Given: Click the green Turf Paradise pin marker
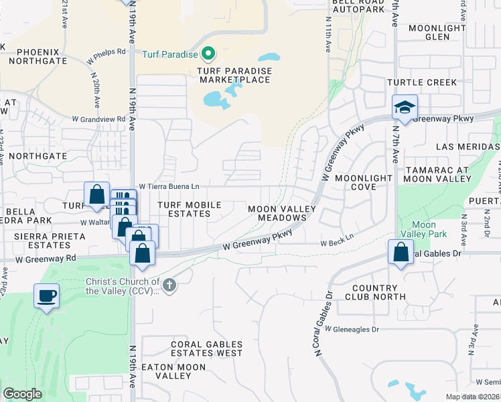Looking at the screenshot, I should point(208,53).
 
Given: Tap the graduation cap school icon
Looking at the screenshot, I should point(404,107).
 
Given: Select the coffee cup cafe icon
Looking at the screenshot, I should point(46,296).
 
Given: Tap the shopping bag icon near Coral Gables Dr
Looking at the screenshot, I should point(401,253).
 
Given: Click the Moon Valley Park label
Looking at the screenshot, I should point(423,229).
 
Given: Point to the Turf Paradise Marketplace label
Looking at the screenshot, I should point(234,75).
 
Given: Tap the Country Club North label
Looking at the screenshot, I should point(379,291).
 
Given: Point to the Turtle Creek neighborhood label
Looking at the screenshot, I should point(421,82).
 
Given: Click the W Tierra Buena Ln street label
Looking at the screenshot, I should point(169,187).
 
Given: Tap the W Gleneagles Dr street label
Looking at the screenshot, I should point(352,329).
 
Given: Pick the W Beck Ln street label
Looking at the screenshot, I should point(336,244).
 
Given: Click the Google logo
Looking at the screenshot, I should point(22,394).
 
